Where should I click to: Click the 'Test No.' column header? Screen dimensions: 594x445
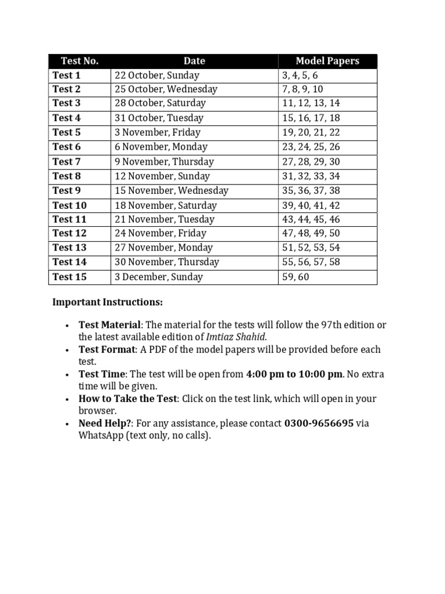click(79, 61)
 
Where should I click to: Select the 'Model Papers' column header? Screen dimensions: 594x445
click(327, 61)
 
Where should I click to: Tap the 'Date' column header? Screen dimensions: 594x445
click(194, 61)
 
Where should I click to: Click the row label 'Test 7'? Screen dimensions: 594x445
click(67, 162)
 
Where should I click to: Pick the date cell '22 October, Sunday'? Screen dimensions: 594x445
click(156, 75)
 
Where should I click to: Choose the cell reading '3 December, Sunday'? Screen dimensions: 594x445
click(158, 277)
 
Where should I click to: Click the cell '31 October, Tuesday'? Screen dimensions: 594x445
click(159, 118)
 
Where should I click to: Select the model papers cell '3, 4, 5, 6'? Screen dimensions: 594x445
click(300, 75)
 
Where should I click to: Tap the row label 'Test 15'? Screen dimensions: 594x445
click(70, 277)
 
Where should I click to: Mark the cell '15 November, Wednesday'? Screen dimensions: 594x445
click(171, 191)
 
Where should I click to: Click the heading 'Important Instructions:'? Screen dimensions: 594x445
click(108, 302)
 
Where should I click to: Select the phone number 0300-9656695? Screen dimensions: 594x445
click(319, 423)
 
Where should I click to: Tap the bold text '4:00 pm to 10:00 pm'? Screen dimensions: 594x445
click(294, 374)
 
